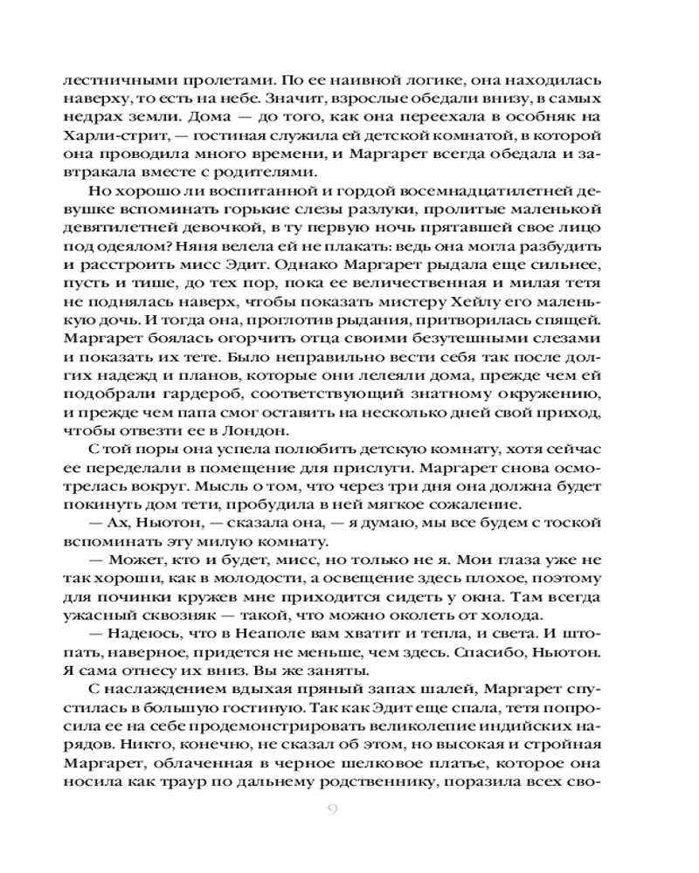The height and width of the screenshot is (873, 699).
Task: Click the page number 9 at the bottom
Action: pyautogui.click(x=332, y=808)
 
